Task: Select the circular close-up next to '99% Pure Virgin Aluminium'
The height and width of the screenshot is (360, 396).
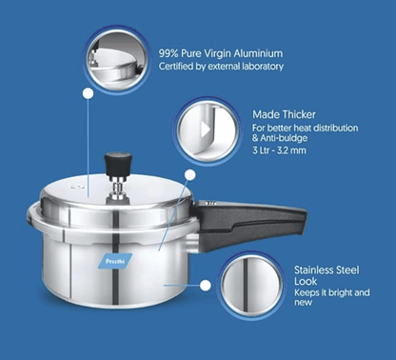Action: coord(117,56)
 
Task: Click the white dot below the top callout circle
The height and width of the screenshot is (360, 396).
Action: coord(89,94)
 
